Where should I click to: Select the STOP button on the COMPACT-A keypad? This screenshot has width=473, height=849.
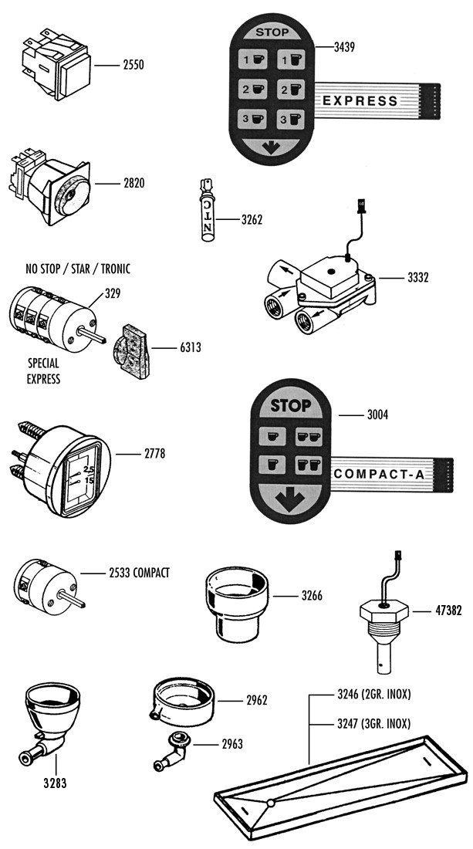291,405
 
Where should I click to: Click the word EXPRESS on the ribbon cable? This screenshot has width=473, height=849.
360,100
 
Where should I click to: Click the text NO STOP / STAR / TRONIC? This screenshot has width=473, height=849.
76,269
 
